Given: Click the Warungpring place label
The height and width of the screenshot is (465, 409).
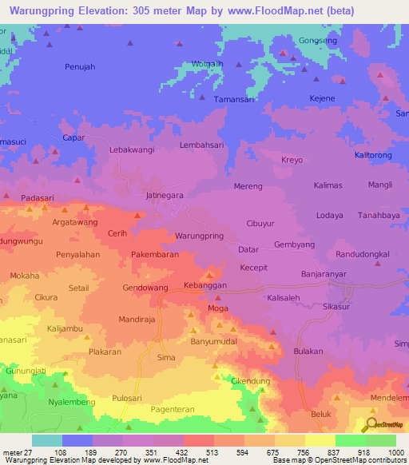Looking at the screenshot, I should point(198,236).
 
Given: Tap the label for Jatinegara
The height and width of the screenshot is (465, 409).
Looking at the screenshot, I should point(165,194).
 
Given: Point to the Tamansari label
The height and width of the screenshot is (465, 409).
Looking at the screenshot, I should point(232,99).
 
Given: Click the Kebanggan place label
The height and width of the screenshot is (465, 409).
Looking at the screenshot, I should point(205,285).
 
